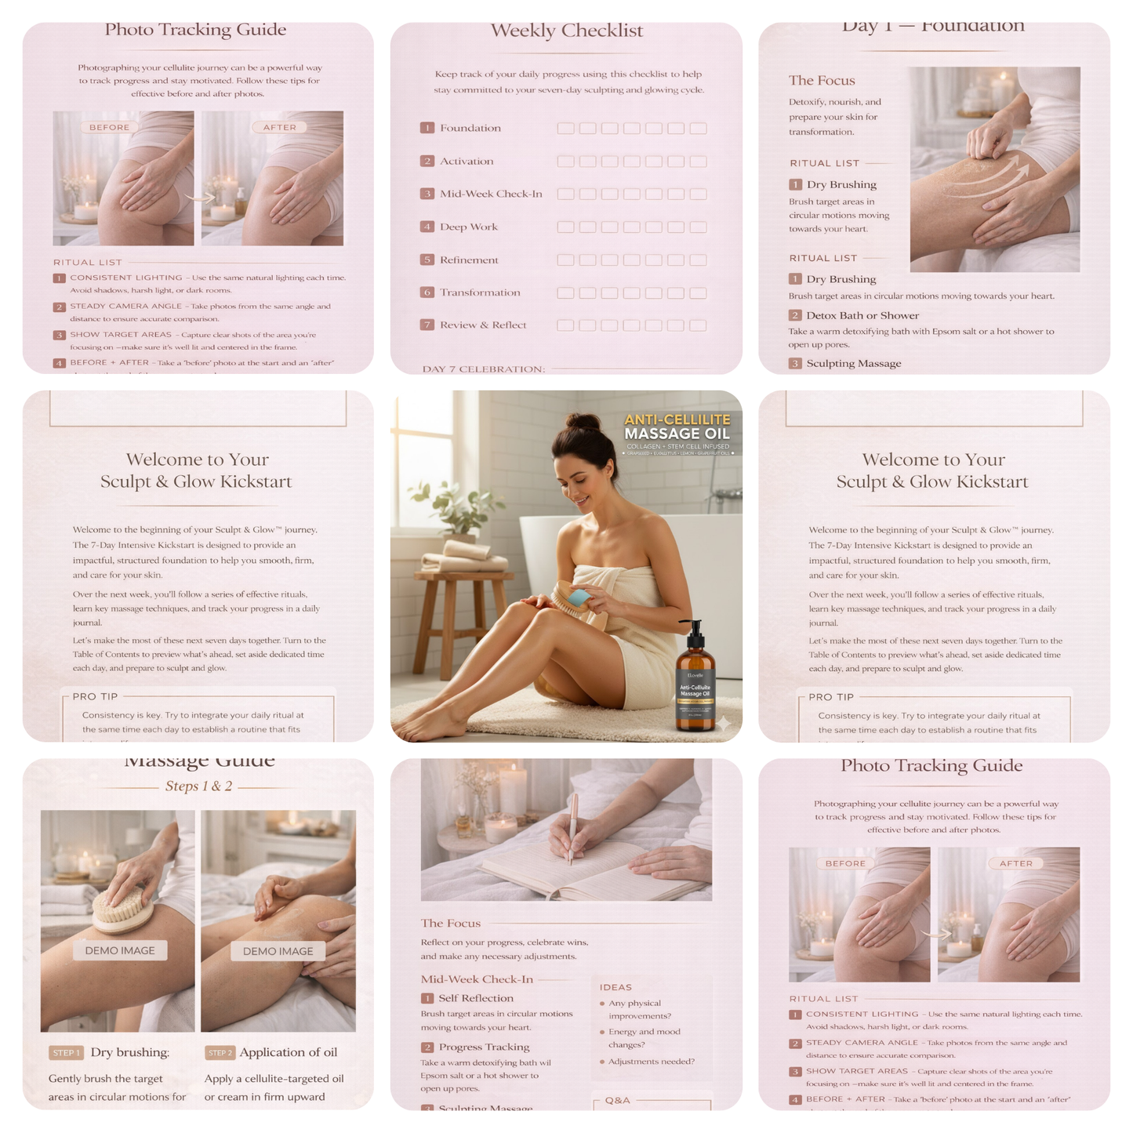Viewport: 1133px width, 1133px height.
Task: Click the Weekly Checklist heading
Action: tap(566, 31)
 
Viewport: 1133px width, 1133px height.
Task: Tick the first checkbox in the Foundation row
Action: tap(565, 129)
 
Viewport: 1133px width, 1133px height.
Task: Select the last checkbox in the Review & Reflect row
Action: tap(698, 325)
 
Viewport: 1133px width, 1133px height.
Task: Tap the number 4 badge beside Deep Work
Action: tap(427, 227)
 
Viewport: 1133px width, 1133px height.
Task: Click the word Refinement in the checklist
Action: tap(469, 260)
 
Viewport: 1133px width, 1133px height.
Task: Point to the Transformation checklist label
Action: tap(480, 292)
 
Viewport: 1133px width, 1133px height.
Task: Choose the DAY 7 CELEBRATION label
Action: tap(483, 369)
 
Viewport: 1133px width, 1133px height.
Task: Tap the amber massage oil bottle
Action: tap(695, 682)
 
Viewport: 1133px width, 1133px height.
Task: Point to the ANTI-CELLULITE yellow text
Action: tap(677, 420)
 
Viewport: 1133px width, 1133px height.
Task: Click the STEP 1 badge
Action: tap(67, 1053)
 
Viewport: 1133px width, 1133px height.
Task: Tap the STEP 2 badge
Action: tap(220, 1053)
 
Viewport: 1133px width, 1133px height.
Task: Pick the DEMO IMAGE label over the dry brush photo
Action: tap(120, 950)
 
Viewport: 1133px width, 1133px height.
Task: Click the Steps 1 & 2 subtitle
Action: tap(198, 786)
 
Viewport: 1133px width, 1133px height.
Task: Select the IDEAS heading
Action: tap(616, 987)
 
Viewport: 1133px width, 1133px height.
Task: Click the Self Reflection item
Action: tap(475, 998)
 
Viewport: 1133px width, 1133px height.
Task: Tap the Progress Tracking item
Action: tap(484, 1047)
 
